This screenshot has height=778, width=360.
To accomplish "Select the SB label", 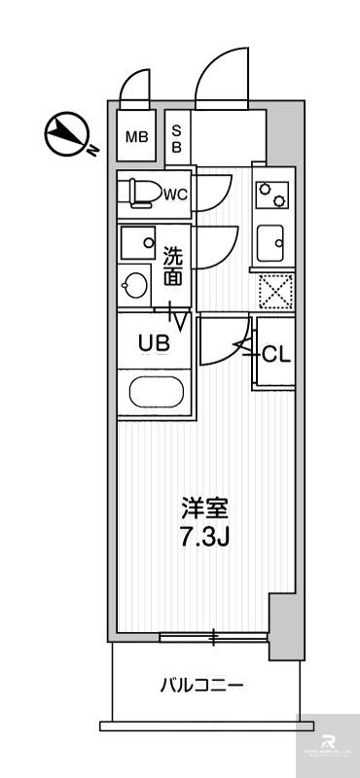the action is [177, 136].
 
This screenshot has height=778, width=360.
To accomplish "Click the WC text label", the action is [175, 194].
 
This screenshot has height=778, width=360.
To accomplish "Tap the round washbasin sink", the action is [135, 286].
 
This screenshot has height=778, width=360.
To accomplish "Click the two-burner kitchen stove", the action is [271, 195].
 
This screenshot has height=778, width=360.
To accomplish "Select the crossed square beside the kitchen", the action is [273, 291].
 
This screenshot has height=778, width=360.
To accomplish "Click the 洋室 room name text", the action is [204, 507].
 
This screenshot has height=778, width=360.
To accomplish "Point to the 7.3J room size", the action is [204, 536].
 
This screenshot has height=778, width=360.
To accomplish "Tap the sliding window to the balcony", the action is [213, 637].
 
